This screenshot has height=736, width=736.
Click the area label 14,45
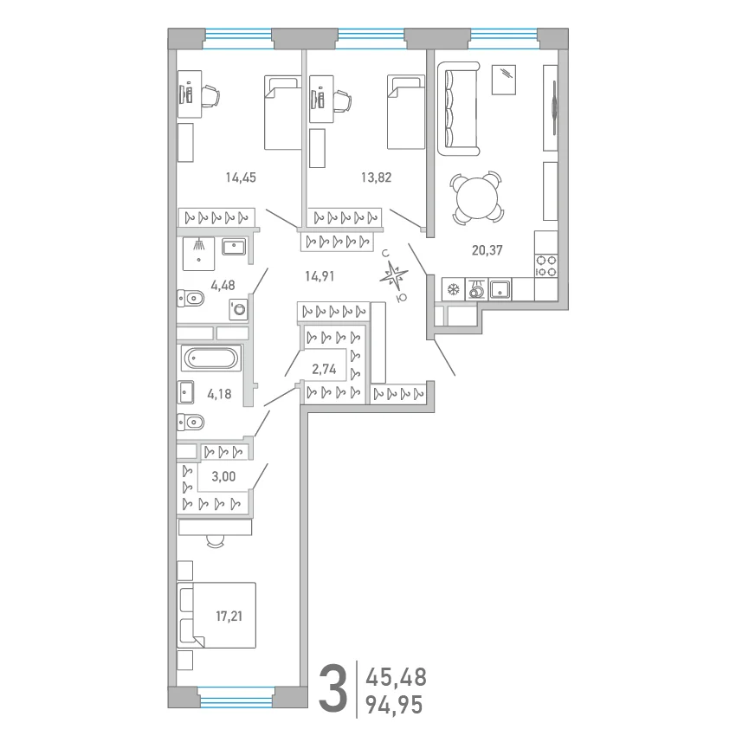[x=241, y=178]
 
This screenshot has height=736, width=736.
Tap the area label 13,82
[x=376, y=178]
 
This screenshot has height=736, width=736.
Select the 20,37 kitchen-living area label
[x=487, y=250]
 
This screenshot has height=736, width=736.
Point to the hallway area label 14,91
[x=320, y=276]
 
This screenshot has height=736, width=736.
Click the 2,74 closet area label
[x=325, y=370]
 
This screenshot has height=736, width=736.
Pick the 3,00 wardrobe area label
[x=223, y=476]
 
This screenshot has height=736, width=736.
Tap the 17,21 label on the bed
[x=229, y=616]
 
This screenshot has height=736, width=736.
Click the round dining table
[x=477, y=197]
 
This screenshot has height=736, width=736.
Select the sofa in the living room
[x=459, y=108]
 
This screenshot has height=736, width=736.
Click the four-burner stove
[x=546, y=266]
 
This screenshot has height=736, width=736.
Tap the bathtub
[x=210, y=358]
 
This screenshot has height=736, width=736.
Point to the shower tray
[x=198, y=254]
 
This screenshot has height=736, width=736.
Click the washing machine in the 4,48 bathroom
[x=238, y=310]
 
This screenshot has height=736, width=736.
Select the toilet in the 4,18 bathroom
[x=190, y=423]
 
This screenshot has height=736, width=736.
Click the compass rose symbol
[x=393, y=276]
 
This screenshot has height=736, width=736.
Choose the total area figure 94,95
[x=394, y=705]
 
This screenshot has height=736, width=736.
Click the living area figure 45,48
[x=397, y=677]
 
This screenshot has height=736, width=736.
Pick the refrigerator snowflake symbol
[x=453, y=289]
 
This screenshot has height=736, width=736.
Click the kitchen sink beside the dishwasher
[x=500, y=289]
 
